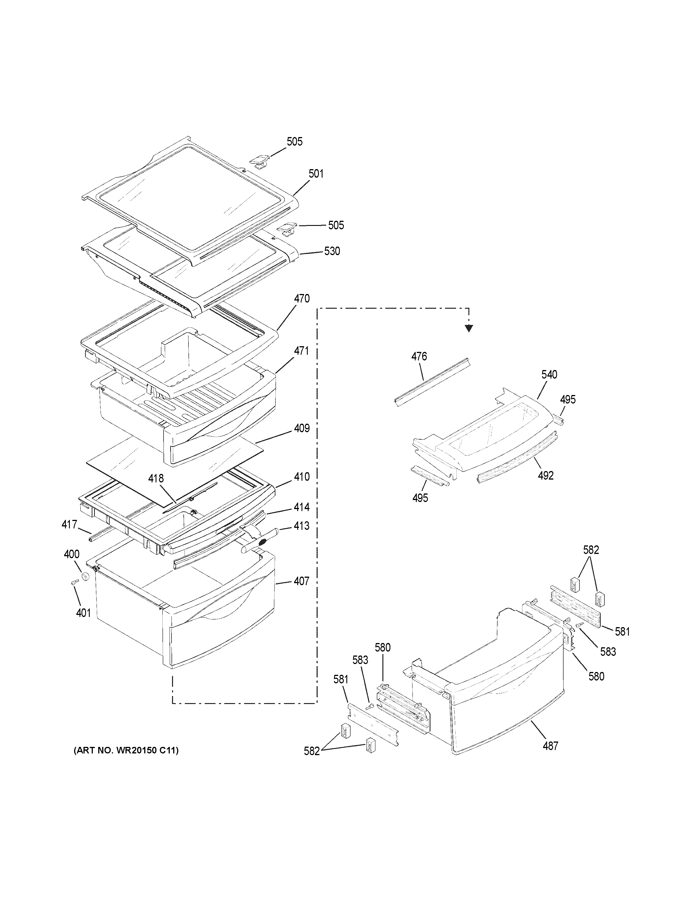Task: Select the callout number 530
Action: click(x=332, y=251)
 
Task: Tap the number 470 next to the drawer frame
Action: click(x=302, y=299)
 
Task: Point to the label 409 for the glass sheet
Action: click(x=302, y=429)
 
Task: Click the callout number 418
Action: click(x=156, y=478)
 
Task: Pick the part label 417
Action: click(x=69, y=524)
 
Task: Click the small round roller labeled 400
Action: click(x=86, y=576)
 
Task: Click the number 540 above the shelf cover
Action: click(x=549, y=375)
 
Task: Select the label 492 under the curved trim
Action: click(x=546, y=475)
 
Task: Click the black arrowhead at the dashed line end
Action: click(x=468, y=328)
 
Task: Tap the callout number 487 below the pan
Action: click(x=550, y=745)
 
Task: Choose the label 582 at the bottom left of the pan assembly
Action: click(x=312, y=751)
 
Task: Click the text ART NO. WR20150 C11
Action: click(x=126, y=750)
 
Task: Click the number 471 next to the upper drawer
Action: click(x=302, y=351)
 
